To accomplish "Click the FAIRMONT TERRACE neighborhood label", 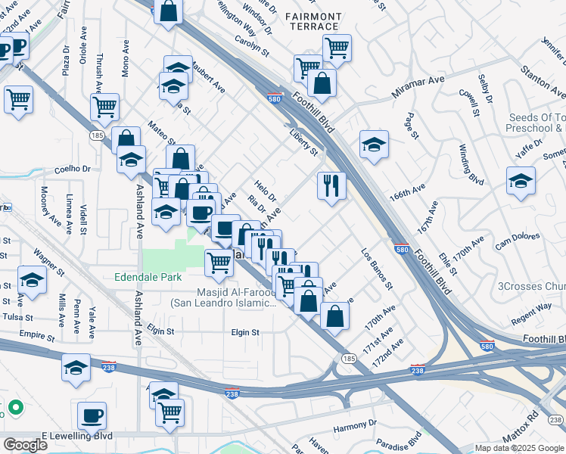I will click(313, 20).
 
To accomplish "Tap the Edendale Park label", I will click(148, 278).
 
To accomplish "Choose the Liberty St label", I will click(304, 141).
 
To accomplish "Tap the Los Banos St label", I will click(377, 269).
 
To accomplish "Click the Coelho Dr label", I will click(72, 169).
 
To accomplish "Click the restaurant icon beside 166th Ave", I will click(331, 186).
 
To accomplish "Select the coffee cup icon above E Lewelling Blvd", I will click(92, 415).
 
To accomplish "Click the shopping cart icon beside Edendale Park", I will click(219, 263).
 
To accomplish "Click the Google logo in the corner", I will click(25, 445).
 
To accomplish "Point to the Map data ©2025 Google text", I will click(518, 448).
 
